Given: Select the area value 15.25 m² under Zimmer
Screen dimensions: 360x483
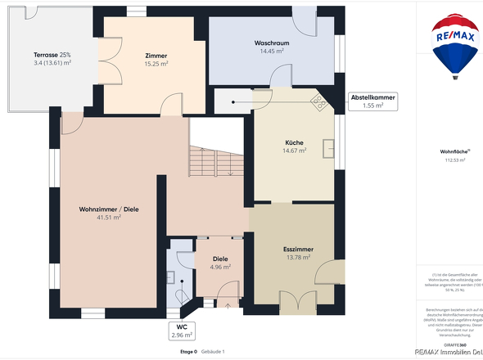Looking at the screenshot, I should (x=156, y=63).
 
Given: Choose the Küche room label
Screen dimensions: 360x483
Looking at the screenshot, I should (x=293, y=142).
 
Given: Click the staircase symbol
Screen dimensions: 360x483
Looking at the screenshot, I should (x=217, y=160).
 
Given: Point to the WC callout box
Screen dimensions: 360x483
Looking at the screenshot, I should (x=181, y=330).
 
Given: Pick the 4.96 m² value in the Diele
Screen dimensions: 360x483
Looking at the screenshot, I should (x=220, y=267).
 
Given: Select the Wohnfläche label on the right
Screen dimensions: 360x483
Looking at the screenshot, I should (x=454, y=152).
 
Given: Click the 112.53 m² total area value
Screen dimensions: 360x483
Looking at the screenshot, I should (x=454, y=160).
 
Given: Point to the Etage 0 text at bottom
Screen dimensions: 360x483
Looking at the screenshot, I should (x=187, y=351).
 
